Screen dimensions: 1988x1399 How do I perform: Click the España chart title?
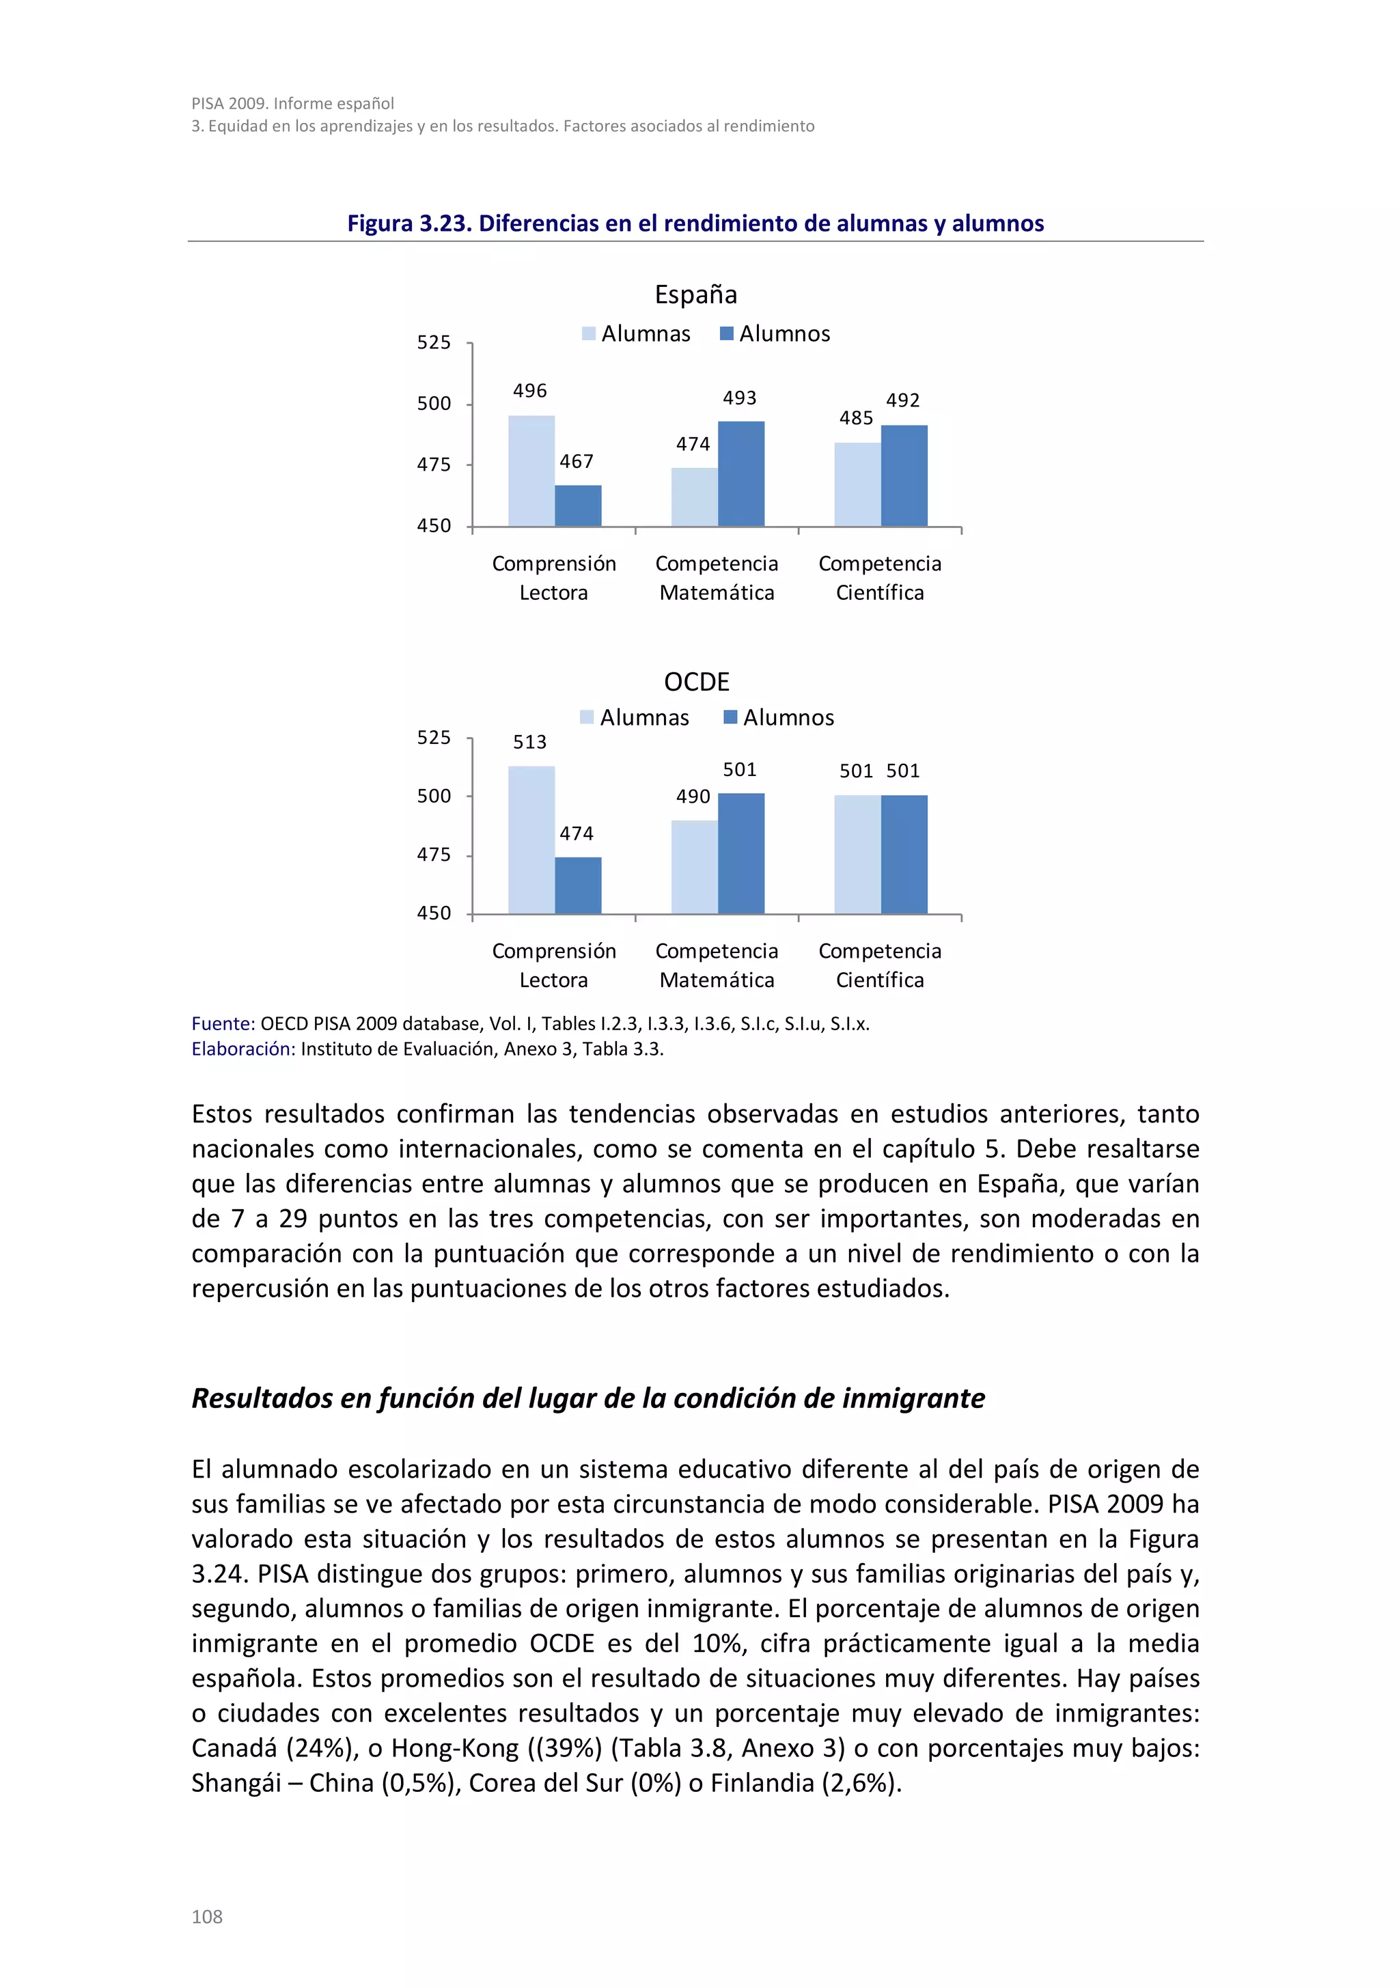point(695,294)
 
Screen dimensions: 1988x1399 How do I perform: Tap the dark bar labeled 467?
point(577,506)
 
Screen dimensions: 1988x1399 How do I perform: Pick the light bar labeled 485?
point(857,485)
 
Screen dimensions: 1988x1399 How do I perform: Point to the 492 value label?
point(902,401)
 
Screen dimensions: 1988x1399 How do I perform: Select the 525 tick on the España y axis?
point(434,343)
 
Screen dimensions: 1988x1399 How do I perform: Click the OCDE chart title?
point(696,682)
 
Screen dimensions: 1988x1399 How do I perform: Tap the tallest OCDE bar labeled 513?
point(531,840)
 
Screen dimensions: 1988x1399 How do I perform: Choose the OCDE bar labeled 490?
point(694,867)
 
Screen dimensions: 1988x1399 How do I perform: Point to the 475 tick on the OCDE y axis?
point(434,855)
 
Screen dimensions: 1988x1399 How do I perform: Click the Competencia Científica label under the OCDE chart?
point(880,965)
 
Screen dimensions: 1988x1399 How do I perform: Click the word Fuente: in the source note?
point(223,1023)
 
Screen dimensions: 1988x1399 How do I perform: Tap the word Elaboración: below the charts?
point(243,1049)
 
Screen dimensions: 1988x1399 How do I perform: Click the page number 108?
point(207,1917)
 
